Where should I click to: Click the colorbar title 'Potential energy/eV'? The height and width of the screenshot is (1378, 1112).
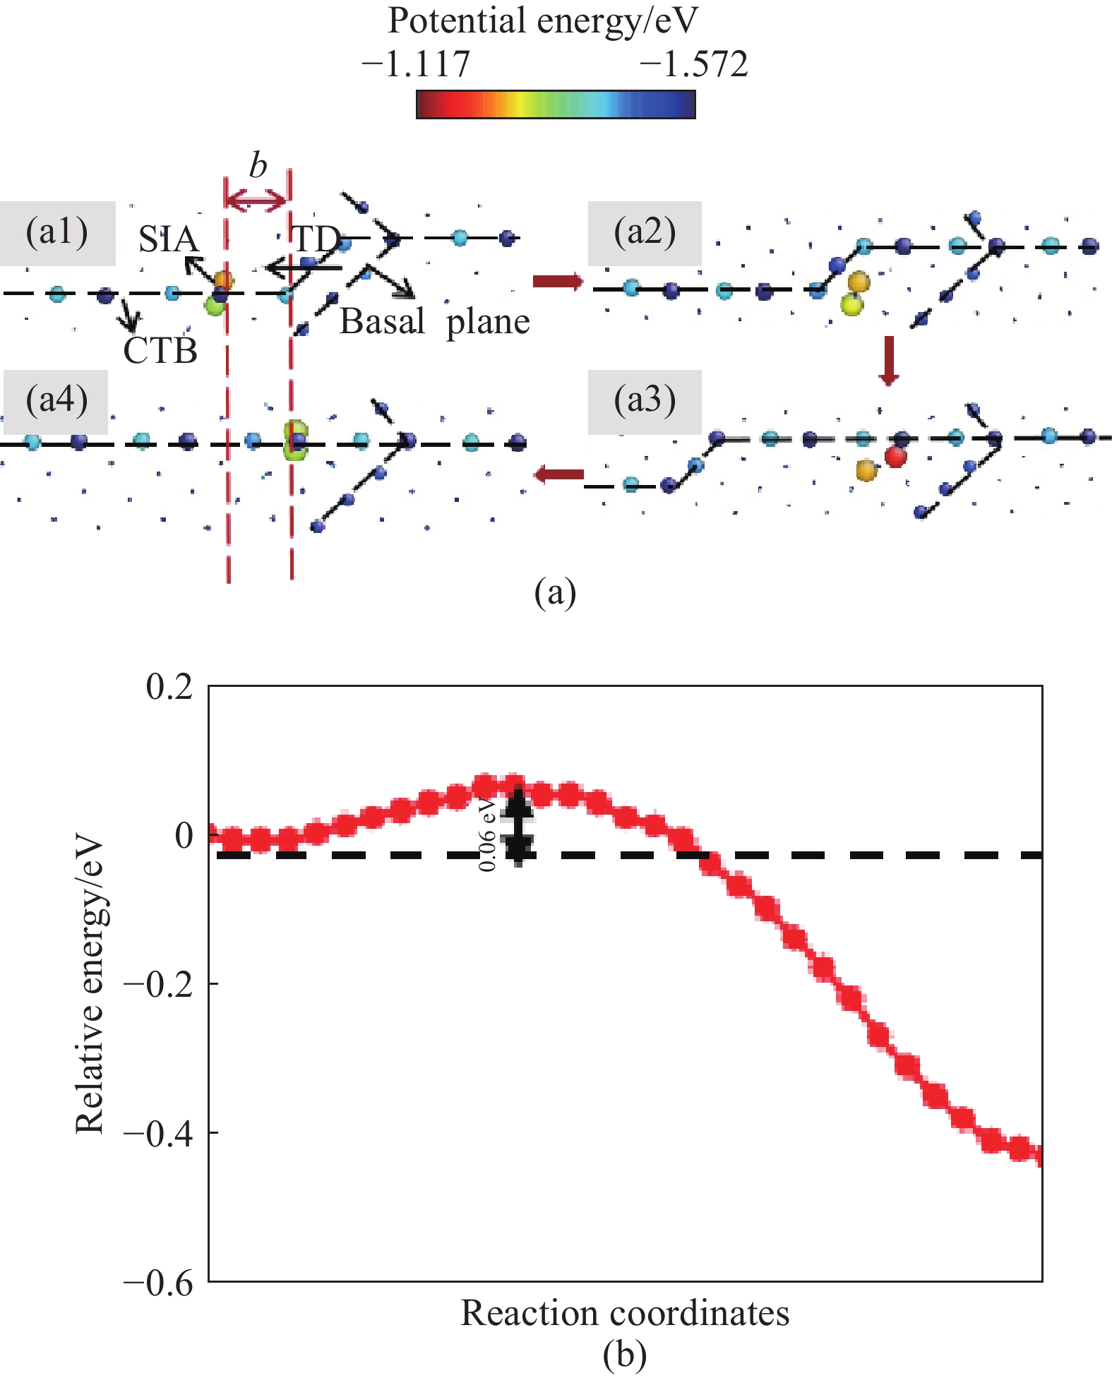pos(542,22)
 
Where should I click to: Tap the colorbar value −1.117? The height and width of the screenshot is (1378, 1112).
pos(415,65)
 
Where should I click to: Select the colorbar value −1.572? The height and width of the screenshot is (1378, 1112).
pos(693,65)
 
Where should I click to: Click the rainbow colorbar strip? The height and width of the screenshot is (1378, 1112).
pos(556,104)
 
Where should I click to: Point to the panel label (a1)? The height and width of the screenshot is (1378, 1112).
pos(56,232)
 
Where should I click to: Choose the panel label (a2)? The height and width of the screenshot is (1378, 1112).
pos(645,232)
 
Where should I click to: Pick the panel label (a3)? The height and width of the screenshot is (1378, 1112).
pos(645,400)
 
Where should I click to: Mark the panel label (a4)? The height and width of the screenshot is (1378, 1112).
pos(56,400)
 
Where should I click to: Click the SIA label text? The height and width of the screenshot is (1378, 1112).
pos(168,240)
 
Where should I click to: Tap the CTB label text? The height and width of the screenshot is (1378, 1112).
pos(160,351)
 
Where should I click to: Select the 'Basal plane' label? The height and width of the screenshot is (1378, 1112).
pos(434,322)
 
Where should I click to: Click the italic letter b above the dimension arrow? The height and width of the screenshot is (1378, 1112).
pos(258,167)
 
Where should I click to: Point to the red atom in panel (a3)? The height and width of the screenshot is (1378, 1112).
pos(895,457)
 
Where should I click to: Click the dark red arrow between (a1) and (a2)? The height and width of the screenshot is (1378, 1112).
pos(558,282)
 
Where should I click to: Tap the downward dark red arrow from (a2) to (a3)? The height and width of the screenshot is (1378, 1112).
pos(889,361)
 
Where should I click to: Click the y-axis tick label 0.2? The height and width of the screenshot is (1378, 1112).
pos(169,687)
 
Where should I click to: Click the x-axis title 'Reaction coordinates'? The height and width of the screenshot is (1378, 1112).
pos(625,1314)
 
